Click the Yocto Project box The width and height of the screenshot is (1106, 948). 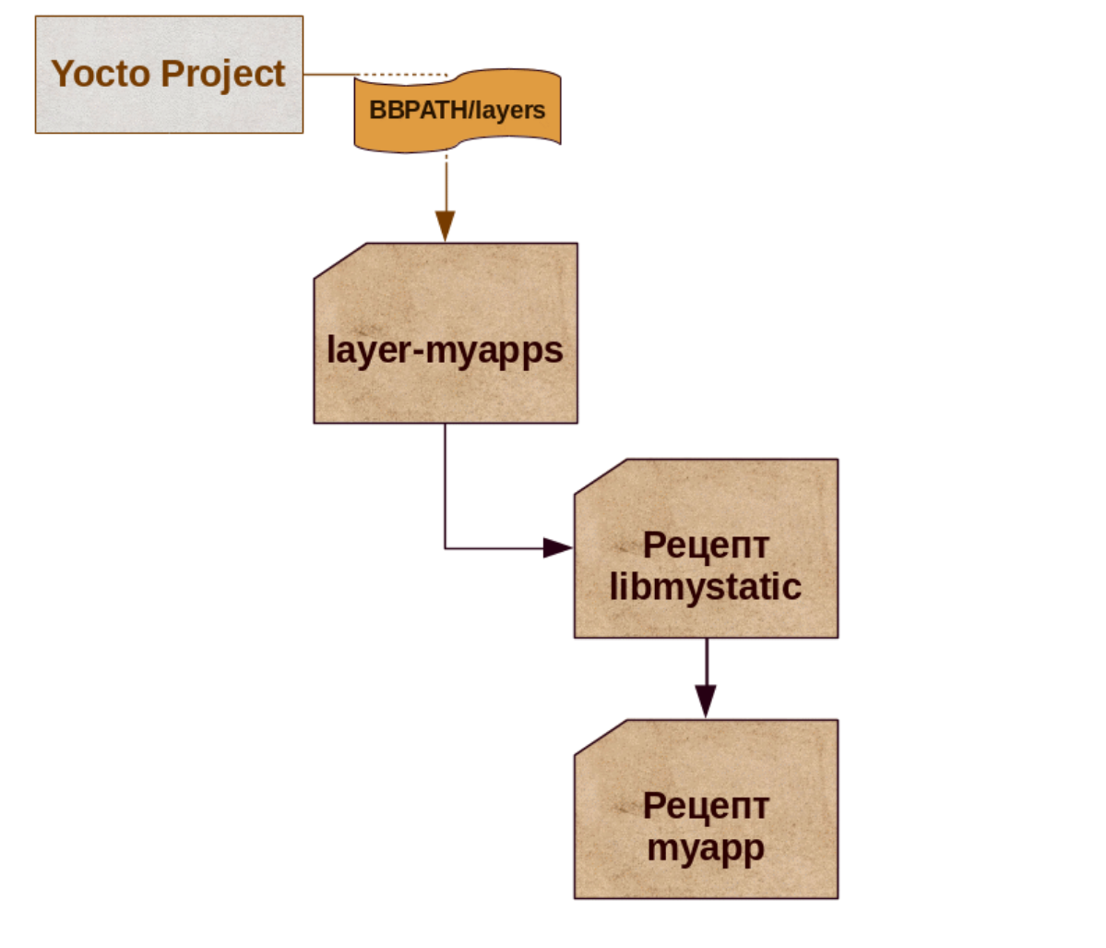click(x=169, y=74)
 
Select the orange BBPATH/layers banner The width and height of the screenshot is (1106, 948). click(x=458, y=110)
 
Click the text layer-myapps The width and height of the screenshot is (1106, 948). click(x=446, y=351)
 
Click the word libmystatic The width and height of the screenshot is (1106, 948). click(x=706, y=587)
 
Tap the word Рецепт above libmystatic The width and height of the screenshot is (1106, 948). click(x=706, y=545)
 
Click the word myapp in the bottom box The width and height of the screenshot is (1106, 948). click(x=706, y=847)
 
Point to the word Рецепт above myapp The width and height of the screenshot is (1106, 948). click(x=706, y=806)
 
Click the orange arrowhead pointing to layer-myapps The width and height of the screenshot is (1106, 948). click(x=446, y=225)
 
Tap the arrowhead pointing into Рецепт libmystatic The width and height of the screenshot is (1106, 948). click(x=557, y=548)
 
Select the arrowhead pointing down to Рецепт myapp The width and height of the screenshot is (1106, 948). click(x=706, y=702)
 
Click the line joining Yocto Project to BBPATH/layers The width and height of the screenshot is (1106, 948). click(x=329, y=75)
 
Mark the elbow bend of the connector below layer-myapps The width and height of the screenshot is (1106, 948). click(x=446, y=548)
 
